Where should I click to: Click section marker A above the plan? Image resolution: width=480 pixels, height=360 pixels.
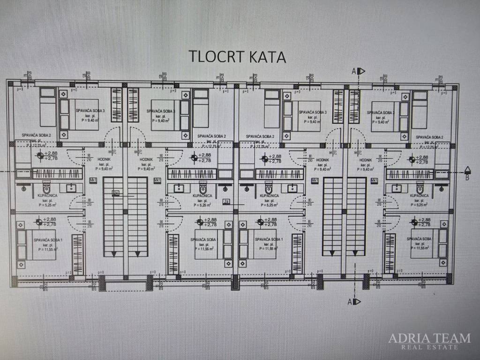point(354,71)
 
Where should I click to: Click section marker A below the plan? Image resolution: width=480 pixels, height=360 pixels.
point(350,301)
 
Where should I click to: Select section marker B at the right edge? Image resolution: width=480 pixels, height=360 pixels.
point(467,177)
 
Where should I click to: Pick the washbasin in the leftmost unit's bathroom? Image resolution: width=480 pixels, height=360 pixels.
point(72,188)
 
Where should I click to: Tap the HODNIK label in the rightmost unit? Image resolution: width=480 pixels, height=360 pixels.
point(366,160)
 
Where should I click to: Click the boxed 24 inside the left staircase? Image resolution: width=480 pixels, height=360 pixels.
point(115,193)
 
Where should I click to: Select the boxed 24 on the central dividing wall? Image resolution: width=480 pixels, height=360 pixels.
point(226,202)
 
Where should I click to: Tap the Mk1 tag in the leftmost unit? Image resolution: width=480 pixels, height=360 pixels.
point(93,180)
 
